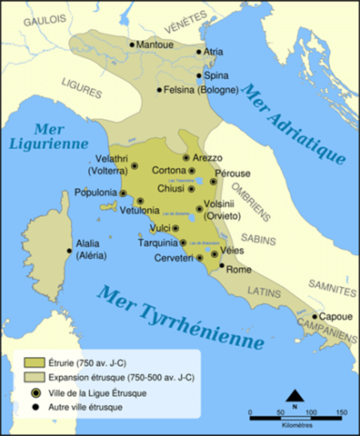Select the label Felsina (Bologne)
[x=201, y=90]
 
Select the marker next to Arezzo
[x=186, y=157]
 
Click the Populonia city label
[x=95, y=193]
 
